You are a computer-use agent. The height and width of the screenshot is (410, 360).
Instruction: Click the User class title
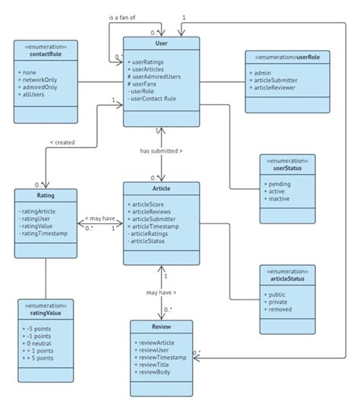pos(162,44)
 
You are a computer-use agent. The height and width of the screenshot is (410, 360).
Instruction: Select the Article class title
pos(162,189)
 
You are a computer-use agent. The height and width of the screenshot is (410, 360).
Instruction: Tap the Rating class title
pos(45,195)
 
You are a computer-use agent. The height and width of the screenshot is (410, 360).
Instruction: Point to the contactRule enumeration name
pos(45,55)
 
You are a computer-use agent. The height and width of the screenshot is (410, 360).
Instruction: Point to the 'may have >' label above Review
pos(161,292)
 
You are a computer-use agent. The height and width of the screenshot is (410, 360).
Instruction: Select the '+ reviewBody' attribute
pos(154,372)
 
